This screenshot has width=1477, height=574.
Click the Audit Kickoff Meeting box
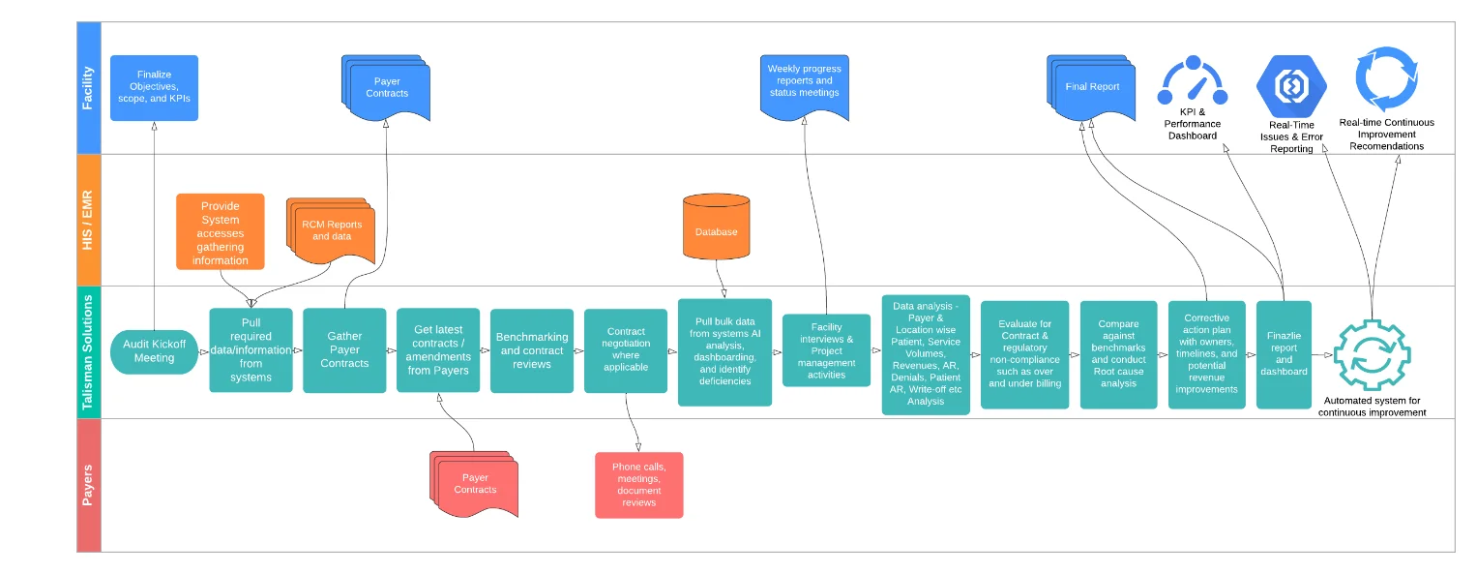pyautogui.click(x=154, y=351)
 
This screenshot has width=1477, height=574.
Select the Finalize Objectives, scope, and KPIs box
pyautogui.click(x=154, y=87)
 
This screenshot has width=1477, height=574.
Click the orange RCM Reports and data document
pyautogui.click(x=331, y=230)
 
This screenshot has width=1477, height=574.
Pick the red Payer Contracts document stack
pyautogui.click(x=474, y=483)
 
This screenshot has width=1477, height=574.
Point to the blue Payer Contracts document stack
pyautogui.click(x=386, y=87)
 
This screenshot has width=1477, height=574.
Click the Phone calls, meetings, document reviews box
pyautogui.click(x=638, y=484)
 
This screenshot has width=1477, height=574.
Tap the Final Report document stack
pyautogui.click(x=1091, y=87)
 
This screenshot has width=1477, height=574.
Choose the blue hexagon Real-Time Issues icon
pyautogui.click(x=1290, y=86)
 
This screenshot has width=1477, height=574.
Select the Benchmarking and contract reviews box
pyautogui.click(x=531, y=350)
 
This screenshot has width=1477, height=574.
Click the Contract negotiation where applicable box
pyautogui.click(x=625, y=350)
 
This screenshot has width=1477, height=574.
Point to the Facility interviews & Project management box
pyautogui.click(x=826, y=350)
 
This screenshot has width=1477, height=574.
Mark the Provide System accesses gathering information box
pyautogui.click(x=221, y=232)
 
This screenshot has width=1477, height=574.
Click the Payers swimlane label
pyautogui.click(x=88, y=485)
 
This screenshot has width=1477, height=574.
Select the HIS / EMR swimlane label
pyautogui.click(x=88, y=220)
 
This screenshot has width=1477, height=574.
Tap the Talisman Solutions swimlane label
pyautogui.click(x=88, y=352)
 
